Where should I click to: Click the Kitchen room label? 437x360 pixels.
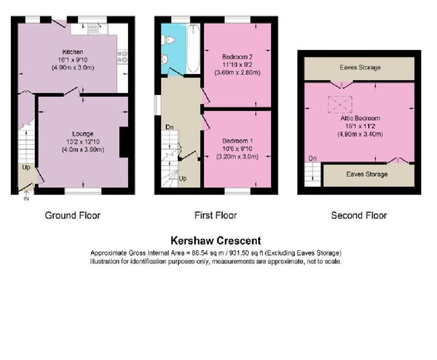pos(73,52)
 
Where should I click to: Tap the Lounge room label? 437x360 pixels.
pos(83,134)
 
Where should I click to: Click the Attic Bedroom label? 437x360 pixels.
pos(360,118)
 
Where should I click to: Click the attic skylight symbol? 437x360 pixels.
pos(340,104)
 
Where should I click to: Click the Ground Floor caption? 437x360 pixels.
pos(73,215)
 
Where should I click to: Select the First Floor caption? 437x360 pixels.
pos(215,215)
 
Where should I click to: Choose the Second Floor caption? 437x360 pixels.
pos(359,215)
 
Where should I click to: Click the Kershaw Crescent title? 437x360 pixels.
pos(216,241)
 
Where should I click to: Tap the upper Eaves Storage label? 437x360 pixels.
pos(360,68)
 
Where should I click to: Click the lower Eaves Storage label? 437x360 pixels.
pos(367,174)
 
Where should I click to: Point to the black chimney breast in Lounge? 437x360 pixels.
pos(124,142)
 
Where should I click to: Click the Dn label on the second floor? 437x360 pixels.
pos(312,158)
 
